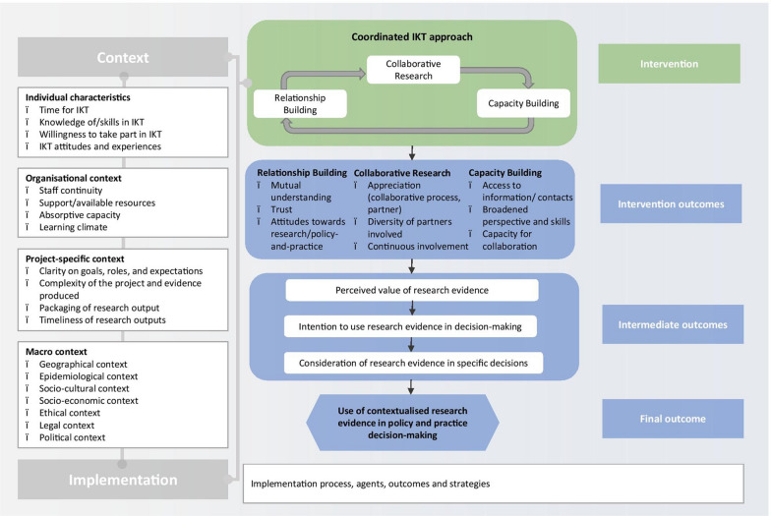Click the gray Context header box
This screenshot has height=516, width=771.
(x=122, y=58)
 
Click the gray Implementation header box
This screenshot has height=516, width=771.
(x=122, y=481)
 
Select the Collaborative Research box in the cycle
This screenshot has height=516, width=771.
(x=406, y=70)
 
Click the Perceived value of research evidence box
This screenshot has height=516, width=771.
(x=412, y=290)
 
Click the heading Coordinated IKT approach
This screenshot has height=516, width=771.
(x=412, y=38)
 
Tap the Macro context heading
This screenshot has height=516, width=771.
(x=58, y=350)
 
